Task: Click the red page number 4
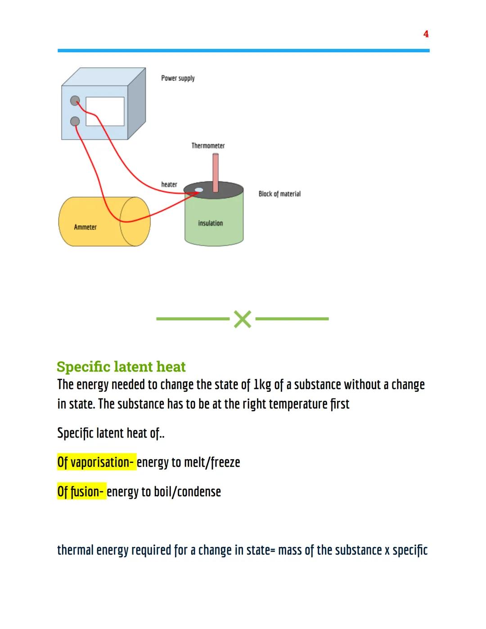(426, 34)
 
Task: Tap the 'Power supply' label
(178, 78)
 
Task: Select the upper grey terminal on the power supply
(75, 100)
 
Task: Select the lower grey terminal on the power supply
(75, 121)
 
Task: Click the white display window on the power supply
(105, 111)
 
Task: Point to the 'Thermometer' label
(208, 146)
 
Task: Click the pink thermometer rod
(216, 172)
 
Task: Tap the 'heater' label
(169, 185)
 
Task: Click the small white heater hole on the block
(198, 190)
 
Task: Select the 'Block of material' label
(279, 194)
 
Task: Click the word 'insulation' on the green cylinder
(210, 223)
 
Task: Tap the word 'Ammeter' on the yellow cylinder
(85, 227)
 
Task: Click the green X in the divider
(243, 319)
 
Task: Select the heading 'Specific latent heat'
(121, 367)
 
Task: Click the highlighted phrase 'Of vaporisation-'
(96, 462)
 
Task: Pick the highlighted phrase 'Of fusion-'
(81, 492)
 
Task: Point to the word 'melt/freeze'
(212, 462)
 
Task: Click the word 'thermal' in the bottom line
(76, 550)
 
